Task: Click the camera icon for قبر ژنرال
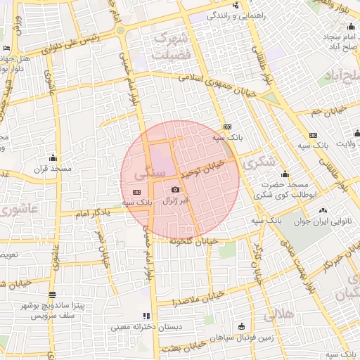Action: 175,189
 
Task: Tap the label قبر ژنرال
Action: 175,201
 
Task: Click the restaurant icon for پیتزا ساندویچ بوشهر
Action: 51,295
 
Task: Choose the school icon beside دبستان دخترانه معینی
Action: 146,316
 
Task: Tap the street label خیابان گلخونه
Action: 190,240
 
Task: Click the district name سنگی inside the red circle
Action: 155,171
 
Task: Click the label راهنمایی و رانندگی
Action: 255,14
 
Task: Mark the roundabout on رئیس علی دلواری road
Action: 120,31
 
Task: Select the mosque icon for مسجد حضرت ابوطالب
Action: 285,175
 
